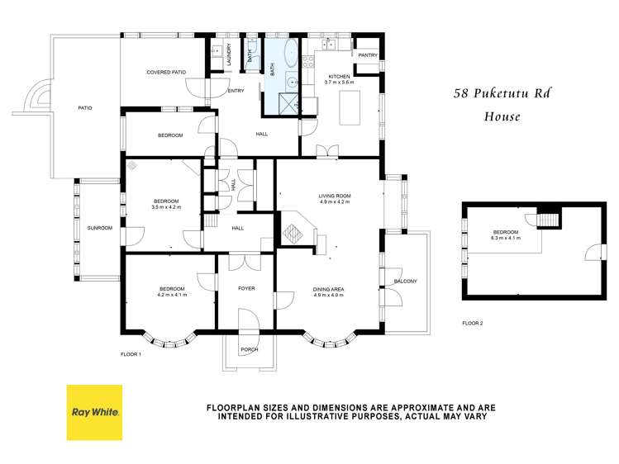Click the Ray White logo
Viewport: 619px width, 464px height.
tap(94, 412)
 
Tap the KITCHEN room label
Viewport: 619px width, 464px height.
tap(339, 77)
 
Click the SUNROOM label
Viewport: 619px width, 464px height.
tap(99, 228)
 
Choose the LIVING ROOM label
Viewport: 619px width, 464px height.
tap(335, 196)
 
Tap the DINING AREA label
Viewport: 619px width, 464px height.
tap(328, 289)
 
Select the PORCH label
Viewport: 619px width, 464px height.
tap(249, 349)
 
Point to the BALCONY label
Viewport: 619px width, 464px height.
tap(405, 282)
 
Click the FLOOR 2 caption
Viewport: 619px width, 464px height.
tap(473, 323)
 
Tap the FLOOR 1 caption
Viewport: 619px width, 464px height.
tap(131, 353)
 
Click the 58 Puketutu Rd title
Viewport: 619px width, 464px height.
tap(502, 94)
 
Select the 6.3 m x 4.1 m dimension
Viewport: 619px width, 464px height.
tap(506, 237)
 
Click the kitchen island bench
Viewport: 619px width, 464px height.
tap(352, 107)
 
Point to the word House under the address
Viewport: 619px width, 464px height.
tap(502, 116)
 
